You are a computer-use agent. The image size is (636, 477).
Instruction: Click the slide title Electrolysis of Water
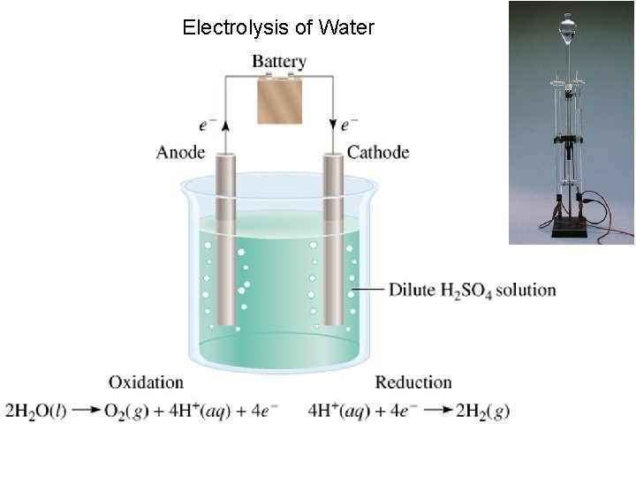pos(278,27)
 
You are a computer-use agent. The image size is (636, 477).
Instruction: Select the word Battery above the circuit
pos(279,62)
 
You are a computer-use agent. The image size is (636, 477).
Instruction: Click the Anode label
pos(180,152)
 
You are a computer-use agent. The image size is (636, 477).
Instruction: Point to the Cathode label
pos(378,152)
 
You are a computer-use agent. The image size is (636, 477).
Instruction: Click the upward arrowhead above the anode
pos(224,125)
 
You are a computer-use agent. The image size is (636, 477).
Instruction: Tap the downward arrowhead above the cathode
pos(333,125)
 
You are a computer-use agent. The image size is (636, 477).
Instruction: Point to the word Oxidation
pos(146,382)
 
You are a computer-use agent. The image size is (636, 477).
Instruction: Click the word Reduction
pos(413,382)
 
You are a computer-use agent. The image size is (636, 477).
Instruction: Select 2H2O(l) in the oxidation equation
pos(33,411)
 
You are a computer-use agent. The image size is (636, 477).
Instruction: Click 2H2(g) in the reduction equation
pos(482,411)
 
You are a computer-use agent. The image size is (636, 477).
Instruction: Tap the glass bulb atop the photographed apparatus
pos(566,33)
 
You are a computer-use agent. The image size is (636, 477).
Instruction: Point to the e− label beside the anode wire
pos(208,125)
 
